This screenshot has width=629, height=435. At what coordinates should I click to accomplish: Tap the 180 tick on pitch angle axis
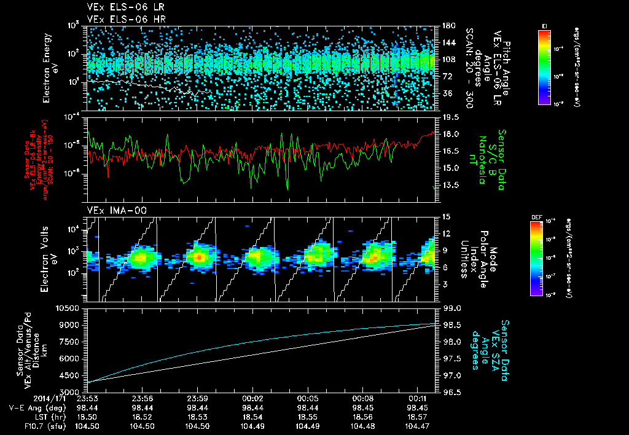pyautogui.click(x=448, y=26)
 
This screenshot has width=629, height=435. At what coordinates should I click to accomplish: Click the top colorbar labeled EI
pyautogui.click(x=544, y=66)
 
